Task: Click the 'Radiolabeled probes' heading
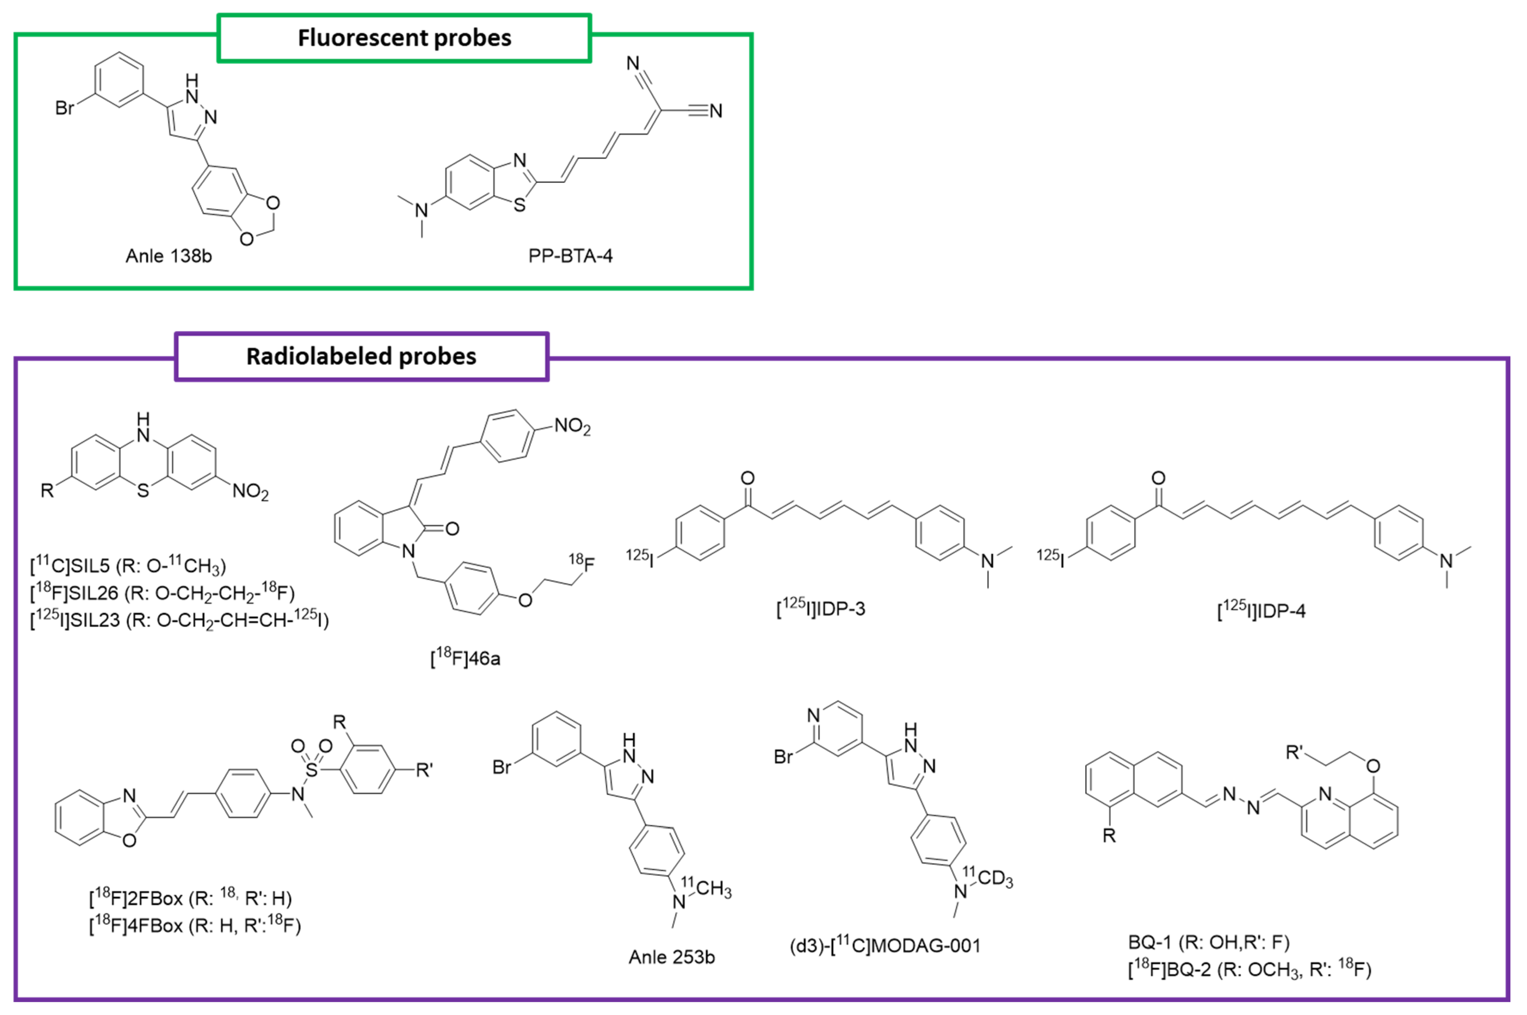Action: click(x=361, y=357)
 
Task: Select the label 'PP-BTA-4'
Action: click(x=570, y=256)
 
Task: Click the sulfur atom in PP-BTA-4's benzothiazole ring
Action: click(x=519, y=206)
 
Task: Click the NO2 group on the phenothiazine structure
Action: click(x=250, y=492)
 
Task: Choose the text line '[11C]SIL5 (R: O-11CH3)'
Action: click(x=128, y=566)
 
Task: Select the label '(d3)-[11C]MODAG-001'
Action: click(x=885, y=946)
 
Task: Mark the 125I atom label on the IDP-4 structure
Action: click(x=1050, y=557)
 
